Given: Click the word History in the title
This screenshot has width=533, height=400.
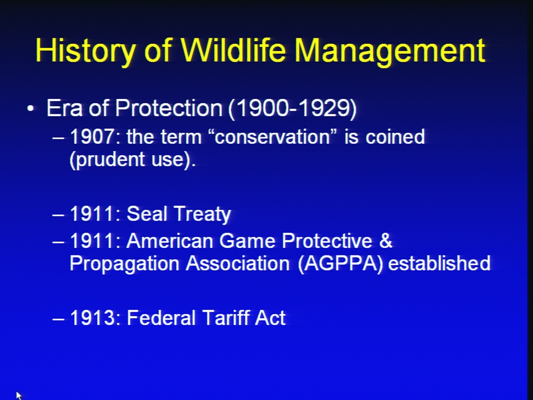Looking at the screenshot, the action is (85, 51).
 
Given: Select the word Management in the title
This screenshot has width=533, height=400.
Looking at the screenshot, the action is (390, 52).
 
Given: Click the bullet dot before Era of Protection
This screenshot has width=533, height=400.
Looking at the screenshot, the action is (31, 109).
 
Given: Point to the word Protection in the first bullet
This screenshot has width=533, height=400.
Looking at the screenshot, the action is (169, 108).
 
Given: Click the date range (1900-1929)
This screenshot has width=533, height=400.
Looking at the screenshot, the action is (293, 109).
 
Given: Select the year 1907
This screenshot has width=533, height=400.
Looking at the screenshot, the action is (92, 137).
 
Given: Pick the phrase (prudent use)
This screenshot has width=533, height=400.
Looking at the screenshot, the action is (133, 159).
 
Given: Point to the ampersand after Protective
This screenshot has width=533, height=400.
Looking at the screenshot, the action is (385, 241).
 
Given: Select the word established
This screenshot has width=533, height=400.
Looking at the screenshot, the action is (439, 263).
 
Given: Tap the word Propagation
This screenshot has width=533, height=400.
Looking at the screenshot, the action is (124, 264).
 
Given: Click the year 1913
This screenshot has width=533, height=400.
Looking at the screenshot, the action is (92, 318).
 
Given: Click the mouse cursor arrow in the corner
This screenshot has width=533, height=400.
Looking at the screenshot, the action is (18, 396).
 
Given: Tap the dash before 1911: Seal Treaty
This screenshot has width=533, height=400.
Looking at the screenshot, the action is (58, 215).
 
